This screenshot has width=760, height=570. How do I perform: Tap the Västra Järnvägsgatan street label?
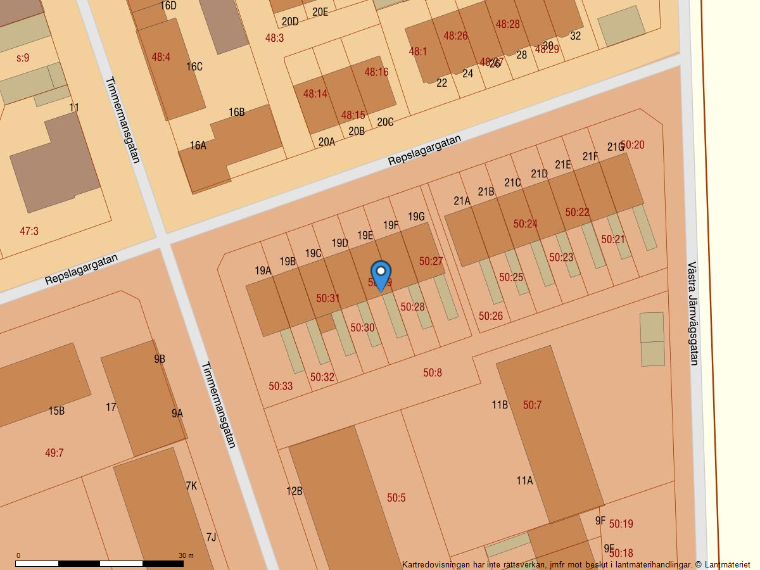click(692, 313)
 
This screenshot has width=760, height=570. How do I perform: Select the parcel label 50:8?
click(433, 372)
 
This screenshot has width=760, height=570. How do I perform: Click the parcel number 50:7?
click(532, 405)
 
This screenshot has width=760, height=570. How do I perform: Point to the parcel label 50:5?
click(396, 498)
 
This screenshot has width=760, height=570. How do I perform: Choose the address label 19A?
click(263, 270)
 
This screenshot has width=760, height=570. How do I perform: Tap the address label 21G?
click(616, 147)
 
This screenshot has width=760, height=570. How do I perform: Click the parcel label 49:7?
click(54, 453)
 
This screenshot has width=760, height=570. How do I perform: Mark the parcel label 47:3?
click(29, 231)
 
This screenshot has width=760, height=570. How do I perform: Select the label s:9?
click(23, 58)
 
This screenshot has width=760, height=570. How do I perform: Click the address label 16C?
click(194, 66)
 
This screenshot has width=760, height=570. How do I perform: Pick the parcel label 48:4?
click(161, 57)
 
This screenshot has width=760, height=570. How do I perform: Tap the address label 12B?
click(294, 491)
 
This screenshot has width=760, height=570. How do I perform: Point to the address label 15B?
click(56, 411)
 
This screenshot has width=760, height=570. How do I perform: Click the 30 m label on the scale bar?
click(186, 555)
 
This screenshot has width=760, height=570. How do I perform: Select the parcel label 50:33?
click(281, 386)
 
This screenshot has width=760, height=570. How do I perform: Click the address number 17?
click(111, 407)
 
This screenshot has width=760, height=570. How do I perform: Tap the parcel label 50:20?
click(633, 145)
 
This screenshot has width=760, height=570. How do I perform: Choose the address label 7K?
click(191, 486)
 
